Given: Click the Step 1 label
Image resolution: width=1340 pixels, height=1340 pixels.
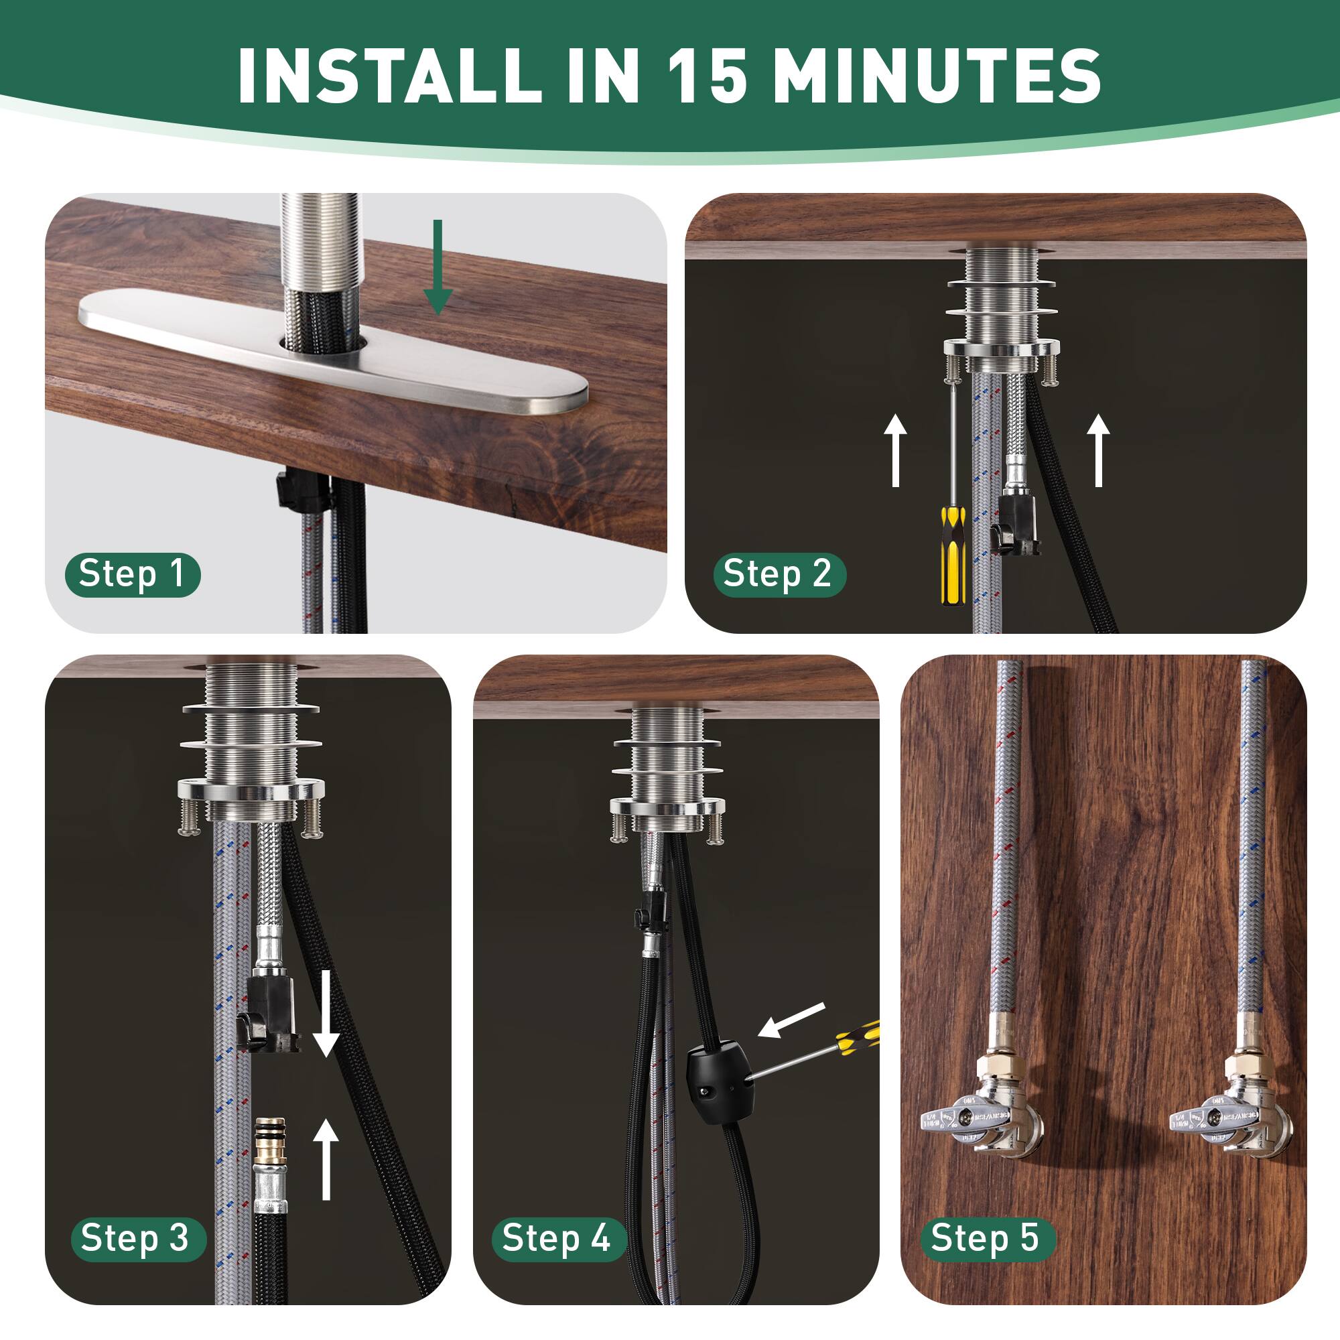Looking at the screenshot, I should [132, 574].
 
